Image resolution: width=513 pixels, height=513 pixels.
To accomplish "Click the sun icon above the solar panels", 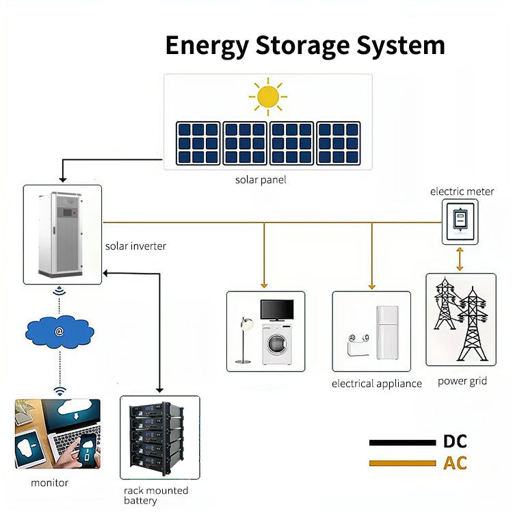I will pyautogui.click(x=267, y=96).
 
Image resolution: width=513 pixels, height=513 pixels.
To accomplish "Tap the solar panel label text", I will pyautogui.click(x=261, y=181).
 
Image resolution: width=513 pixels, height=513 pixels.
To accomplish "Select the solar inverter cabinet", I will pyautogui.click(x=62, y=232).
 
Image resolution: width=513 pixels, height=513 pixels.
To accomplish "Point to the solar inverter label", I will pyautogui.click(x=135, y=246).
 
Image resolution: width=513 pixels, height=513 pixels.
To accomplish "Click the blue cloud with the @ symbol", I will pyautogui.click(x=60, y=332).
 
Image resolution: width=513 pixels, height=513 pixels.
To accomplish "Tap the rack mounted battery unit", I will pyautogui.click(x=159, y=435).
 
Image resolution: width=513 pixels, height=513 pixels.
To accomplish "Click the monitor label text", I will pyautogui.click(x=50, y=483).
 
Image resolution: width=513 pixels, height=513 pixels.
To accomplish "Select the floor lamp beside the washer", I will pyautogui.click(x=243, y=339).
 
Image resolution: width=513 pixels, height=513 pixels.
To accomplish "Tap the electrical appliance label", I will pyautogui.click(x=376, y=384).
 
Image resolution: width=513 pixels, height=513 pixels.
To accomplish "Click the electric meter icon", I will pyautogui.click(x=460, y=221).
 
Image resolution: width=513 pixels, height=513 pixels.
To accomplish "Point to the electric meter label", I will pyautogui.click(x=462, y=192).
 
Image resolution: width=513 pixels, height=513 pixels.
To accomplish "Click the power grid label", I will pyautogui.click(x=462, y=381).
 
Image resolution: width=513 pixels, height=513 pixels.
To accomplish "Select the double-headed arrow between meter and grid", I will pyautogui.click(x=460, y=259).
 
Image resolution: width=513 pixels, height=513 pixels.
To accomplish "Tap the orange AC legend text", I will pyautogui.click(x=455, y=463).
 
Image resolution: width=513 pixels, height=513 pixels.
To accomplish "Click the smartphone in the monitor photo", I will pyautogui.click(x=88, y=451).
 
